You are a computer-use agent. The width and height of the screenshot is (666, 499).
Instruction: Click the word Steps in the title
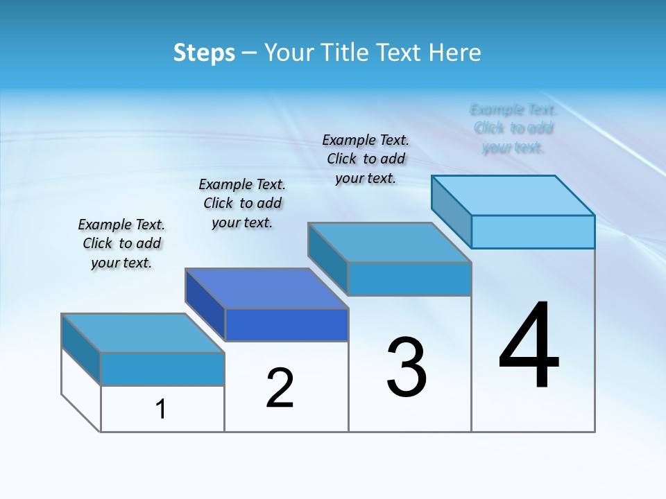click(204, 53)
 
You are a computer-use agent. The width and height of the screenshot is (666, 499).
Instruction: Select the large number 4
click(529, 347)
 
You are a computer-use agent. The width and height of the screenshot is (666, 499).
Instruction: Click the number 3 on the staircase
click(406, 367)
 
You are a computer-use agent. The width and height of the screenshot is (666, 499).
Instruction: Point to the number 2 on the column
click(280, 388)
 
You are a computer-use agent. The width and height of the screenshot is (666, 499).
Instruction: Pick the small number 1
click(161, 410)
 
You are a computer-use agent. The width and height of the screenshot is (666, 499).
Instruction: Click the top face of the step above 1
click(143, 333)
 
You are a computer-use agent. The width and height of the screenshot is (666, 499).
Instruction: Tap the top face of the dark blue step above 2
click(266, 288)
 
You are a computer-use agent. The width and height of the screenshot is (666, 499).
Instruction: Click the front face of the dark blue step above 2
click(287, 325)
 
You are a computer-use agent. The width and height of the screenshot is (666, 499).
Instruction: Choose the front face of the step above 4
click(533, 231)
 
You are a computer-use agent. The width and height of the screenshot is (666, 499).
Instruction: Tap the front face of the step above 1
click(162, 369)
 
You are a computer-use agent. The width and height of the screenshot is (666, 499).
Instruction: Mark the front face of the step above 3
click(409, 279)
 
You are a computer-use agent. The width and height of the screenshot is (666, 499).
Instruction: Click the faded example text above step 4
click(513, 128)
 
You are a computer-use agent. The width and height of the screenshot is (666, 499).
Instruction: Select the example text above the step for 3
click(366, 159)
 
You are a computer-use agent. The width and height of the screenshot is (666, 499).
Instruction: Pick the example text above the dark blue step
click(242, 203)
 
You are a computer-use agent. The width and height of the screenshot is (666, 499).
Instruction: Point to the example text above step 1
click(121, 243)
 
